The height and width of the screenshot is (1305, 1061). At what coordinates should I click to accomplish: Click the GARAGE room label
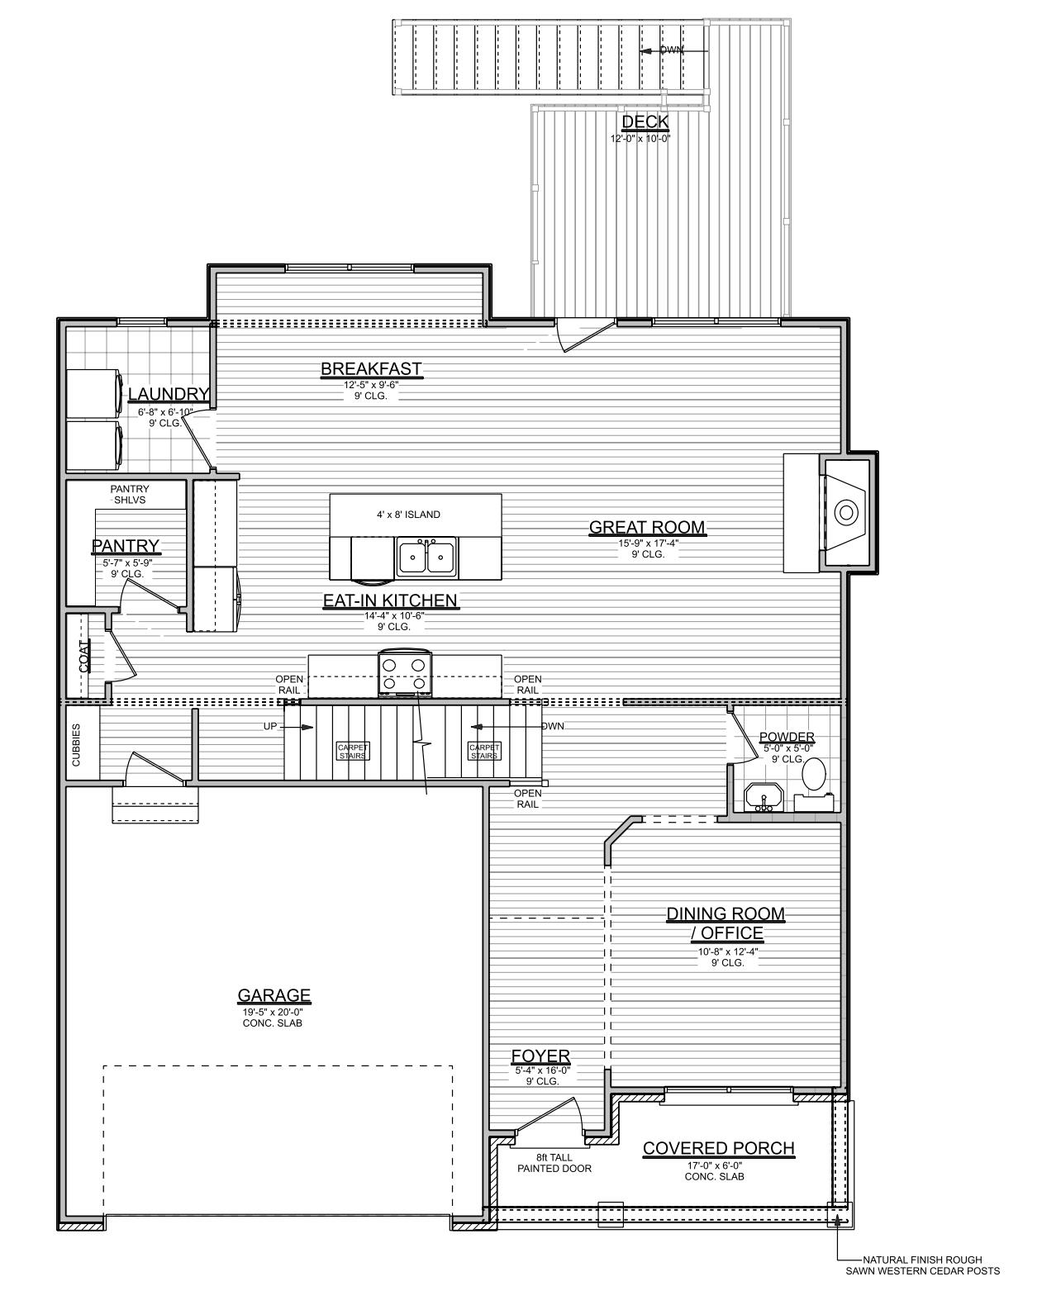click(x=274, y=995)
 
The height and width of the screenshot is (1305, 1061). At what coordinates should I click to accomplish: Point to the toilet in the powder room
click(x=814, y=775)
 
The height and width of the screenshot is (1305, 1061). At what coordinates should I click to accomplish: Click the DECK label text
click(x=645, y=122)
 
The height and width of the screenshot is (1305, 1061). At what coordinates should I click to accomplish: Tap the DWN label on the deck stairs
click(x=671, y=50)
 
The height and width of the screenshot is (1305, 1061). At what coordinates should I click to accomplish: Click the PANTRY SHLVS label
click(x=130, y=494)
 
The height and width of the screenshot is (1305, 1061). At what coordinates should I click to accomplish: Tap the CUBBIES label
click(x=76, y=746)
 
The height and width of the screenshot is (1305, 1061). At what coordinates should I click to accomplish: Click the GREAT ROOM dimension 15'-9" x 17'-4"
click(x=647, y=543)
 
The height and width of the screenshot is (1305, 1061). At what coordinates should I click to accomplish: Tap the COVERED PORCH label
click(x=718, y=1148)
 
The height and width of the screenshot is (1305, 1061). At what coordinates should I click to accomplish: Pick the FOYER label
click(x=540, y=1056)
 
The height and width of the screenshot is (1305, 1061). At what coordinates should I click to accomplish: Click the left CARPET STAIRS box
click(x=353, y=750)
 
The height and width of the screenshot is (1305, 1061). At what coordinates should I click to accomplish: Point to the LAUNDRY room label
click(x=168, y=394)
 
